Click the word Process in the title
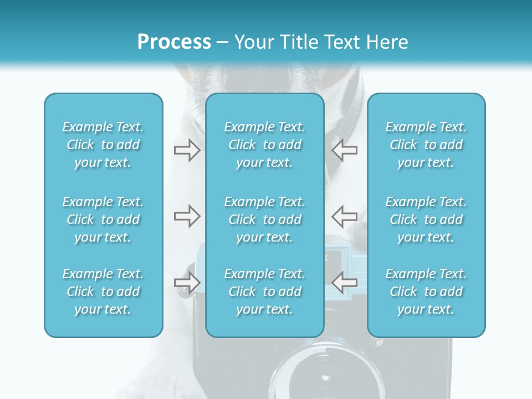tap(174, 42)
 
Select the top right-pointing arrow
tap(187, 150)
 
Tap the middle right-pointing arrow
tap(187, 216)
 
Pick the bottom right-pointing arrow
tap(187, 283)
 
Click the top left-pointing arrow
tap(344, 150)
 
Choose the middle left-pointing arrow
tap(344, 216)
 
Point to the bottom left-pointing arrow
tap(344, 283)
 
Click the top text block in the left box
tap(103, 145)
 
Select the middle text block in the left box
tap(103, 219)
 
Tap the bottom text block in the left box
tap(103, 291)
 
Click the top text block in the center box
tap(265, 145)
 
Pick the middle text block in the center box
tap(265, 219)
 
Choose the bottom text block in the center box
tap(265, 291)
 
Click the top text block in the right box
tap(426, 145)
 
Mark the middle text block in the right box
tap(426, 219)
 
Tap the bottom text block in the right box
tap(426, 291)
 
